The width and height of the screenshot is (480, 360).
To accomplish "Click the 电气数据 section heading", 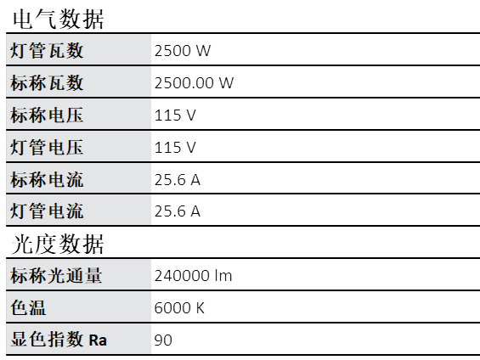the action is click(x=58, y=19).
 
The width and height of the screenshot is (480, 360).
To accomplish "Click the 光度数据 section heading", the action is click(x=58, y=244).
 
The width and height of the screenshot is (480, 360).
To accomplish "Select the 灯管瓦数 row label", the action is click(x=47, y=50).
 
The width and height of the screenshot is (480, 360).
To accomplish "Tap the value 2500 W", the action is click(x=183, y=51).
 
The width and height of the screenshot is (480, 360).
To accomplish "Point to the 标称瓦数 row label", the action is click(x=47, y=83).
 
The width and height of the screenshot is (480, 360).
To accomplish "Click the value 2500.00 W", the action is click(x=194, y=83).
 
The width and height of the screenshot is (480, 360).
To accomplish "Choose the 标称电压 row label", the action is click(x=47, y=115).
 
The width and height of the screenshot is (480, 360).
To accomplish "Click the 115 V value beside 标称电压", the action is click(x=175, y=115).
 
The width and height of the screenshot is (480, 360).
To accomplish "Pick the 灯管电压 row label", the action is click(x=47, y=148).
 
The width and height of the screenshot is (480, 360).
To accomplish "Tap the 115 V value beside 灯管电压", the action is click(x=175, y=148).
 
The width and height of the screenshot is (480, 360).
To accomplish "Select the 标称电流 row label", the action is click(x=47, y=179).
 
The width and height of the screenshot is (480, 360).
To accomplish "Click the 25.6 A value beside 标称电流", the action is click(x=178, y=180).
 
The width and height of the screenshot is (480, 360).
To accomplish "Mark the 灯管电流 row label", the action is click(x=47, y=211).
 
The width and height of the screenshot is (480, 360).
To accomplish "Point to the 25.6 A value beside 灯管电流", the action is click(x=178, y=211).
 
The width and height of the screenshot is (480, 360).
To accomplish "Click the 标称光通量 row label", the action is click(x=56, y=276).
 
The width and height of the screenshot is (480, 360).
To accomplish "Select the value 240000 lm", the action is click(x=193, y=276).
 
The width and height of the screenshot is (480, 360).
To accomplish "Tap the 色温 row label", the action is click(x=28, y=307).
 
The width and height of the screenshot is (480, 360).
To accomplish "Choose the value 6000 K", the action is click(x=179, y=308).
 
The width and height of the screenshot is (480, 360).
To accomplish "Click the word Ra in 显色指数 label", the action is click(x=98, y=340).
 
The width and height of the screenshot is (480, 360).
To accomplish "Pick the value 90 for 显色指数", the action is click(x=163, y=340).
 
